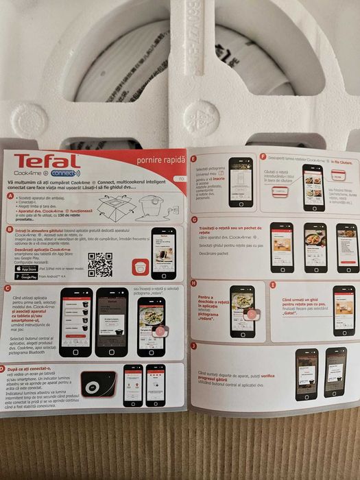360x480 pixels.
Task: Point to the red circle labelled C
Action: click(x=7, y=289)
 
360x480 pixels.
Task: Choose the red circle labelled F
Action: click(x=263, y=156)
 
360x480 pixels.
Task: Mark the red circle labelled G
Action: click(x=194, y=219)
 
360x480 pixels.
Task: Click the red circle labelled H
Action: click(x=194, y=283)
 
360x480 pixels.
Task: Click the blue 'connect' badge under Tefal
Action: click(x=65, y=173)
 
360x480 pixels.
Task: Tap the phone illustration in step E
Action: click(x=240, y=180)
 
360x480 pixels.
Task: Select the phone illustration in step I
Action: click(x=343, y=311)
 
